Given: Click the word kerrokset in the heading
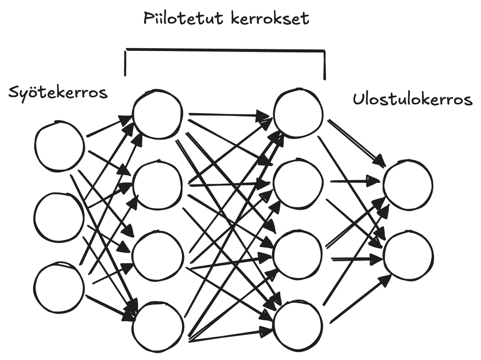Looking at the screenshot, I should point(270,19).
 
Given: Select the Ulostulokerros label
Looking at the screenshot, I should point(412,100).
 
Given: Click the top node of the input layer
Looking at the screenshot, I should point(60,145).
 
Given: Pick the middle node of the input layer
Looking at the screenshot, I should point(59,217).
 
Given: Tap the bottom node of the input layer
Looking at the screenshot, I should point(59,287).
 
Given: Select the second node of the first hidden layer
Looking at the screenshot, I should point(158,185).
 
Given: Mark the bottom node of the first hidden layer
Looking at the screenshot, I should point(158,327).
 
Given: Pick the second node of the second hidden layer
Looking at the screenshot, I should point(298,185).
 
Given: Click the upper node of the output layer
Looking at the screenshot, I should point(408,185).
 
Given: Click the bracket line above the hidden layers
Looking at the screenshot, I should point(225,50).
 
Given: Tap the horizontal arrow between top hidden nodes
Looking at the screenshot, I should point(228,115).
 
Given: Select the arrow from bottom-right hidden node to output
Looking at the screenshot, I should point(361,298).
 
